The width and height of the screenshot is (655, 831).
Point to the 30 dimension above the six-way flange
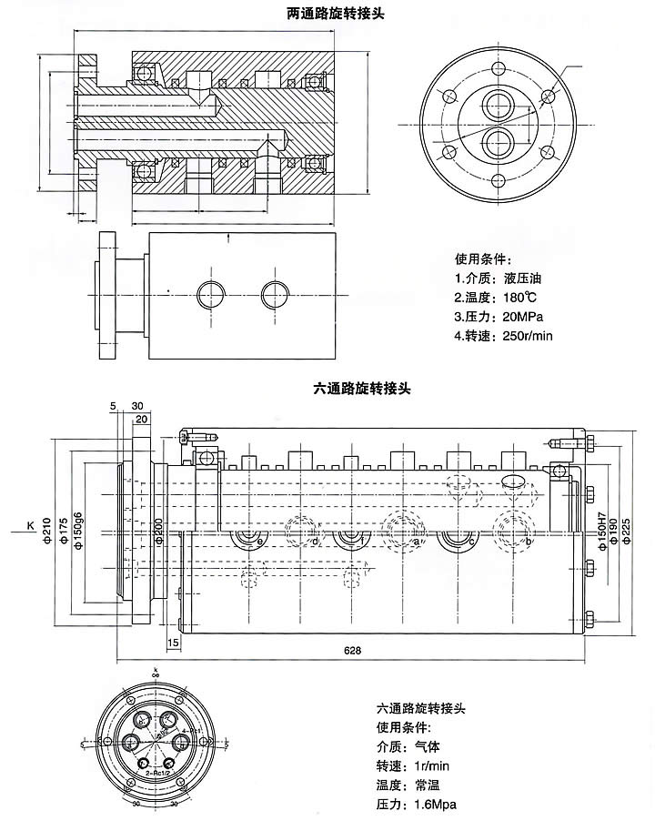pyautogui.click(x=137, y=405)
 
